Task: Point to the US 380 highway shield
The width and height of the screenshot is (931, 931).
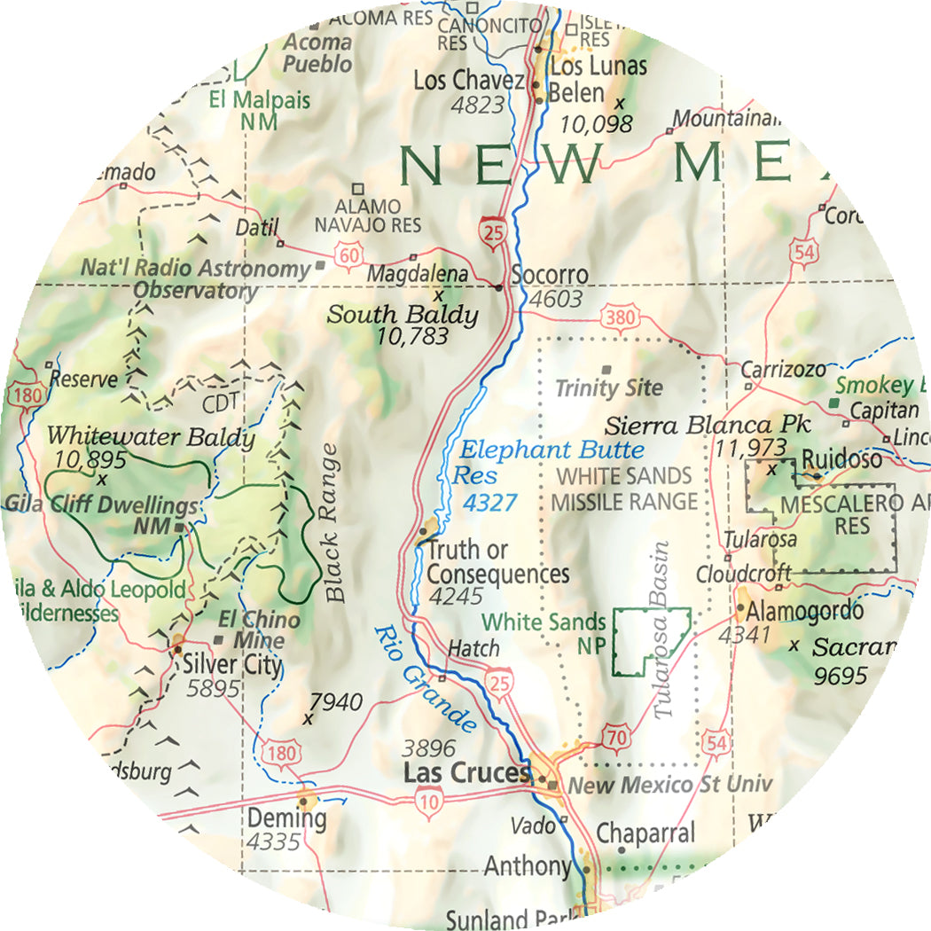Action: click(615, 317)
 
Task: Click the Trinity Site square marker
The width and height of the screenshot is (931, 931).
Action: click(606, 369)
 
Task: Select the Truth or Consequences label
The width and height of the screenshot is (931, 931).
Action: click(497, 562)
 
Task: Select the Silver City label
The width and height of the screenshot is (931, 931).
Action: click(232, 664)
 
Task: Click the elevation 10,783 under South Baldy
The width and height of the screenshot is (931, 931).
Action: click(411, 336)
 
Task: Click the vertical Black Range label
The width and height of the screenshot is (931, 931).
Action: click(332, 523)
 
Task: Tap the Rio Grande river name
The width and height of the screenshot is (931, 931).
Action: click(426, 678)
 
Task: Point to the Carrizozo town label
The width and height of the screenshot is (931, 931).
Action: click(783, 369)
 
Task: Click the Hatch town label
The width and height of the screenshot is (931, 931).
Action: click(473, 649)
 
